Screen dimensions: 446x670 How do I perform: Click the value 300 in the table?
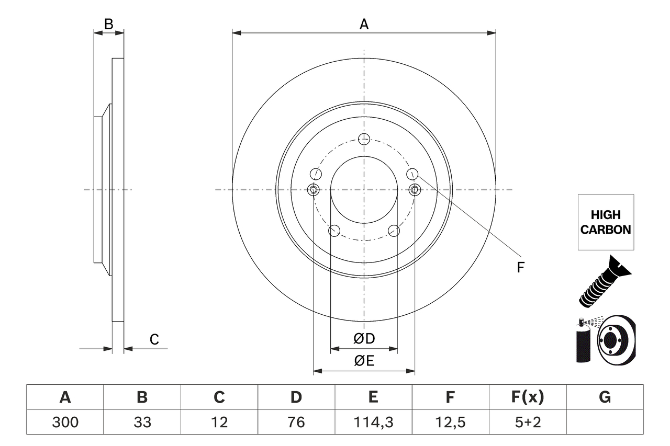(65, 422)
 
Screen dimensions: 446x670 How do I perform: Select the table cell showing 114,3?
(373, 422)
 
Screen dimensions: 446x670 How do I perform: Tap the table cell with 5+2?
(527, 422)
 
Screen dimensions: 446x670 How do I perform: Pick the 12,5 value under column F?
(450, 422)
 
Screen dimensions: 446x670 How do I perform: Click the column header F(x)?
(527, 397)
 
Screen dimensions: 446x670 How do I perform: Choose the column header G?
(605, 397)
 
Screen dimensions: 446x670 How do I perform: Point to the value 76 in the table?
(296, 422)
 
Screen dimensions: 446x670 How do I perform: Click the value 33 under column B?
(142, 422)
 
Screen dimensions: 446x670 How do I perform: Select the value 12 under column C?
(219, 422)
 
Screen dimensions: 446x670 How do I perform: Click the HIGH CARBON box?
(606, 222)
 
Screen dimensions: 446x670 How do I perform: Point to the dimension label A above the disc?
(364, 24)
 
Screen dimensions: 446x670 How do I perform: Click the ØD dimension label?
(364, 339)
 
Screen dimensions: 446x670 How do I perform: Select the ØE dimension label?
(364, 361)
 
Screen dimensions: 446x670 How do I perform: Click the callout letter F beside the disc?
(520, 268)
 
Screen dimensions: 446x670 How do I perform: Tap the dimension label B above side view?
(108, 24)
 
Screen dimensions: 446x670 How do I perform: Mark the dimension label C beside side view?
(154, 339)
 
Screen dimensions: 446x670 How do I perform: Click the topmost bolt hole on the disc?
(364, 139)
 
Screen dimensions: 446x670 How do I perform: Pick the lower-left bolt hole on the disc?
(333, 231)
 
